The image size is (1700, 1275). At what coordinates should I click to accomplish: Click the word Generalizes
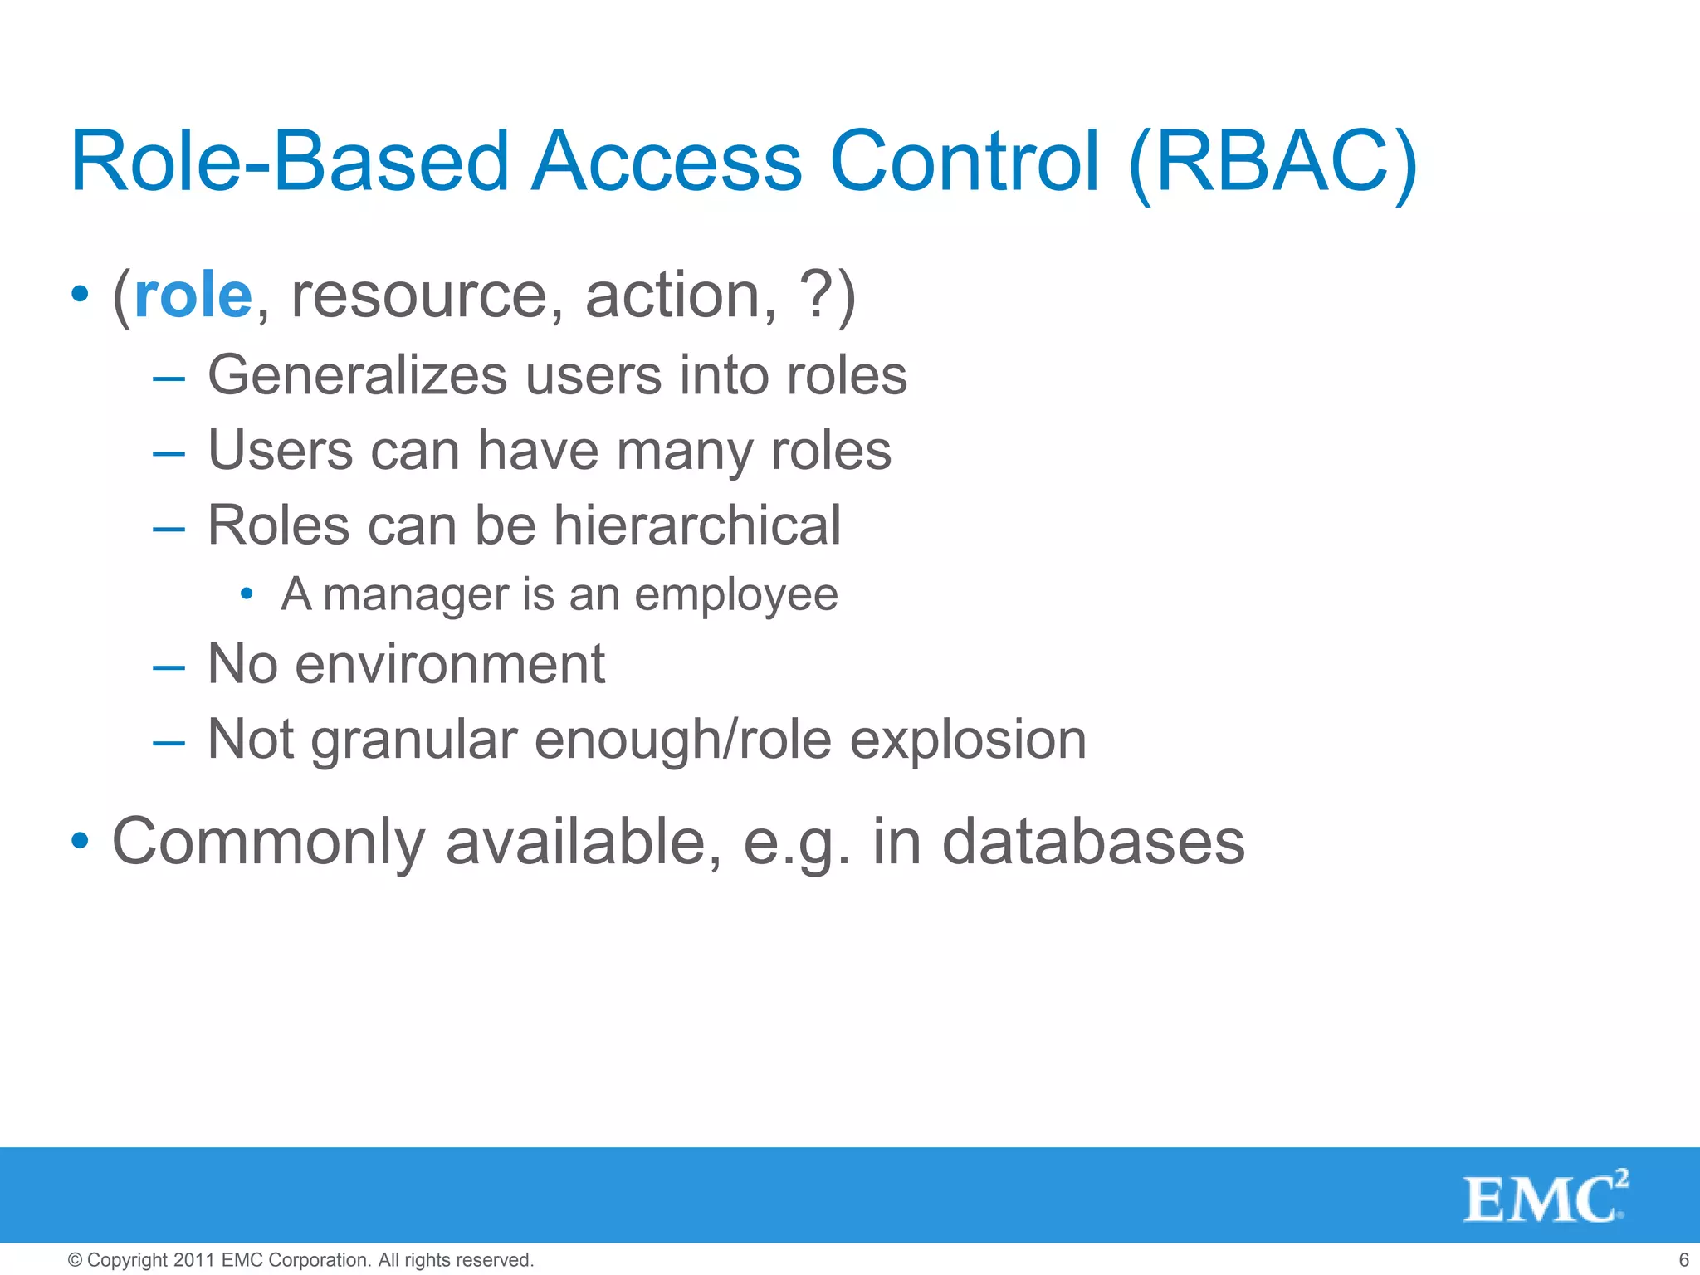click(357, 375)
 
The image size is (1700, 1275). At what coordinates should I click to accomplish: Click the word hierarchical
click(697, 525)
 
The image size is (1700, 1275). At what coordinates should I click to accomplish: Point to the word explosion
click(968, 740)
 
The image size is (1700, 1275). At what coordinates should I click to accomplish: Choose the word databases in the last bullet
click(1093, 842)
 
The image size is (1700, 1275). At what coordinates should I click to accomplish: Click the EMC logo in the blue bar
click(1544, 1197)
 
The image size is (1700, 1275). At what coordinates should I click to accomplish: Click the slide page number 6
click(1683, 1259)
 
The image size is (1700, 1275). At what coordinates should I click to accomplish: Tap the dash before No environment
click(169, 666)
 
